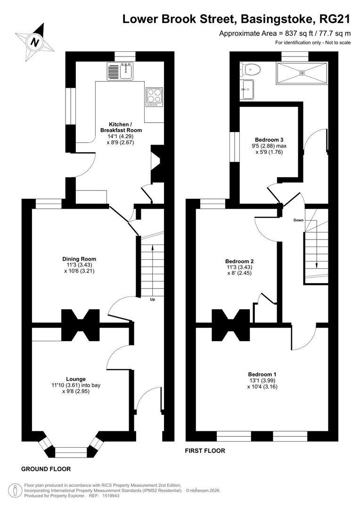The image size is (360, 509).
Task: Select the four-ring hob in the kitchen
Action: (154, 97)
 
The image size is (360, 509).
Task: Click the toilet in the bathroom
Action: (251, 69)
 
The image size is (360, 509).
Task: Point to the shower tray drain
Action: (303, 73)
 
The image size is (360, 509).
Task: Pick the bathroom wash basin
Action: (248, 89)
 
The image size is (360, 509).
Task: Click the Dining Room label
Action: (79, 259)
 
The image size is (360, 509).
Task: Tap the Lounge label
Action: (76, 379)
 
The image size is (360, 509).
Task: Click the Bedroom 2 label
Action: (239, 261)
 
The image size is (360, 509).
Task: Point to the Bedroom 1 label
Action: (262, 374)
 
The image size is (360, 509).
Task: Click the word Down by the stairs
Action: (298, 220)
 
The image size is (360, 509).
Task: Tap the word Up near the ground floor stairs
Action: (152, 299)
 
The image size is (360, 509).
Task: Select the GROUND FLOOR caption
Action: (46, 469)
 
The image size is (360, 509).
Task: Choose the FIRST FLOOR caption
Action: (205, 451)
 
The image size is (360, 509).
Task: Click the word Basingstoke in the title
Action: (277, 19)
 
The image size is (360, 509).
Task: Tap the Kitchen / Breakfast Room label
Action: (121, 127)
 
